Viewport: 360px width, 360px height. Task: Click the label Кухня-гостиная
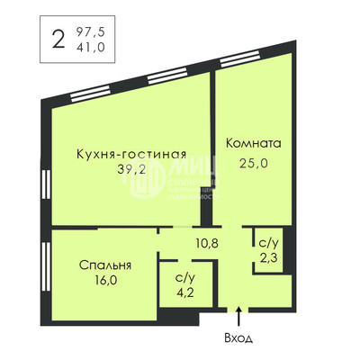[132, 153]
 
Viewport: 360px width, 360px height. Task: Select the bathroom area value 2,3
[268, 258]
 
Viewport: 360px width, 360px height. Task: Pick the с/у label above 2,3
[268, 244]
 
